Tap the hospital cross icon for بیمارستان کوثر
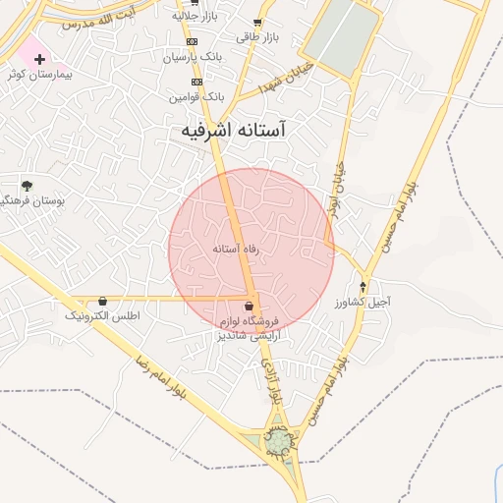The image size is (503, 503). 39,59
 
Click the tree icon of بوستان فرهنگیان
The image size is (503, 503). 27,185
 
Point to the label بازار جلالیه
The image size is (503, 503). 194,16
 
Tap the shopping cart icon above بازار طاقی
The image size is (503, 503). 257,23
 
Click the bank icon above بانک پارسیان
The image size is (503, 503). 191,41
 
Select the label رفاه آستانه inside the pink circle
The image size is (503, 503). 236,250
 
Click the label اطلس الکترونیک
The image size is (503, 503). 103,316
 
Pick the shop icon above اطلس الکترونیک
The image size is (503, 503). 103,301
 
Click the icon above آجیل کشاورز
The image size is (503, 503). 363,287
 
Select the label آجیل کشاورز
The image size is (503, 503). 362,303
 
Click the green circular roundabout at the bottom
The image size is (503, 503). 278,444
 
